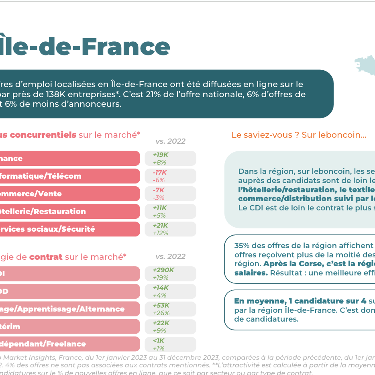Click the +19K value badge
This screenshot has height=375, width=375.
tap(170, 158)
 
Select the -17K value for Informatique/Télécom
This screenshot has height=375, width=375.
tap(170, 176)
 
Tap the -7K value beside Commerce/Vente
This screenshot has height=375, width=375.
tap(170, 194)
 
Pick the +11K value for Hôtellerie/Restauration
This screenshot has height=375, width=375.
tap(170, 211)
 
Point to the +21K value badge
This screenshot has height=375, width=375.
tap(170, 229)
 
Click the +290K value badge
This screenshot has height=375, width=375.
tap(170, 273)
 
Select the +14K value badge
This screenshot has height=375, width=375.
tap(170, 291)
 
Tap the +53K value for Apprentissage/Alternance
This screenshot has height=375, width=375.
tap(170, 309)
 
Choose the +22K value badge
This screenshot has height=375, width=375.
tap(170, 326)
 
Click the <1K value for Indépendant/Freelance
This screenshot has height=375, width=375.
tap(170, 344)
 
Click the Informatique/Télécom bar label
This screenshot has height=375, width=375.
tap(40, 176)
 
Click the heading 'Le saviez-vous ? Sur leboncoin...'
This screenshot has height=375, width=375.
tap(299, 135)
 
